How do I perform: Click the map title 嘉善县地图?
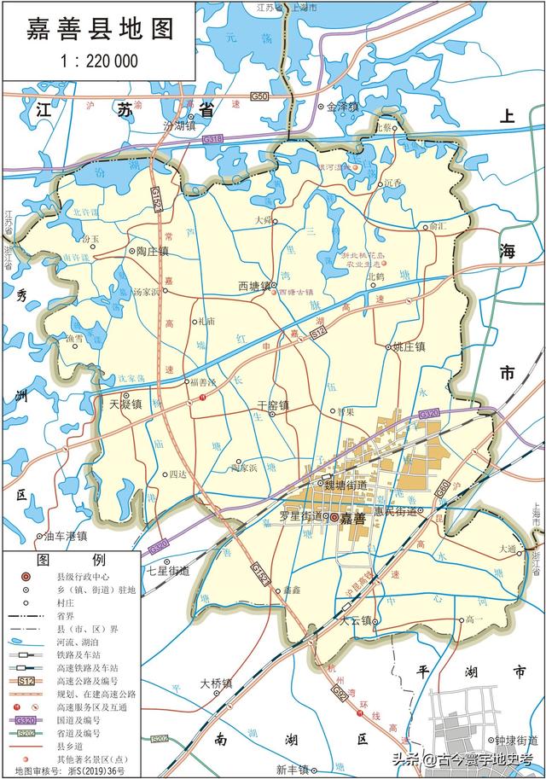[101, 29]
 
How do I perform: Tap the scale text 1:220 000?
[100, 61]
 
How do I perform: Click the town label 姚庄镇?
[411, 347]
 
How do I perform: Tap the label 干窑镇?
[273, 405]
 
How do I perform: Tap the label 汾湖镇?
[180, 126]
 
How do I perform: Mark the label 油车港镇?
[66, 536]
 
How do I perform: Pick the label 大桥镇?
[216, 683]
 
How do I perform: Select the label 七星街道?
[167, 571]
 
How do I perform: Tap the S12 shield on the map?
[318, 337]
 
